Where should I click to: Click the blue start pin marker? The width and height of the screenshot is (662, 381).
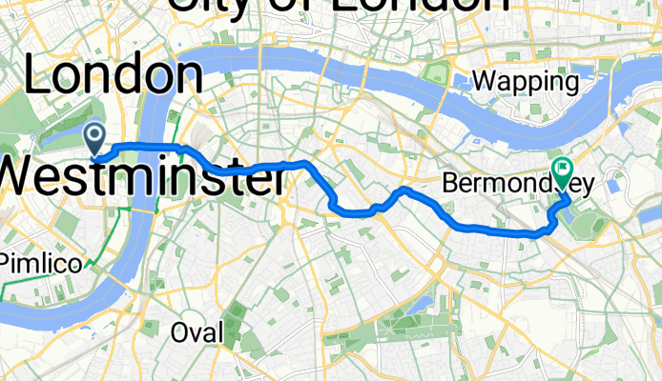[x=96, y=137]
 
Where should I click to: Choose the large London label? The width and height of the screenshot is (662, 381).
[x=113, y=74]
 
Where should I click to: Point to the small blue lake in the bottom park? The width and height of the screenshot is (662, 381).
[x=417, y=305]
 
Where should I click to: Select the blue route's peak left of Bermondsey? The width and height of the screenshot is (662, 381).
[x=402, y=190]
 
